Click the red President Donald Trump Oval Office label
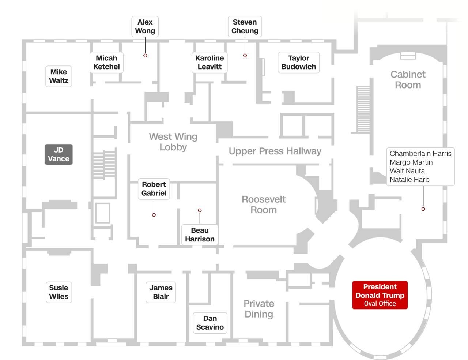click(380, 295)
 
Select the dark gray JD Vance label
click(58, 154)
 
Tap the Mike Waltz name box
click(58, 76)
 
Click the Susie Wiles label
click(58, 292)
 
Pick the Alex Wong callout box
click(145, 26)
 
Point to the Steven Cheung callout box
click(245, 26)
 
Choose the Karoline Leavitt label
click(210, 62)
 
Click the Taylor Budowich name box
click(299, 62)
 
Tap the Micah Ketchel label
click(106, 62)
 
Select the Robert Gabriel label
click(154, 189)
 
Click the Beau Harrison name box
click(200, 235)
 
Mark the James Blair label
click(161, 292)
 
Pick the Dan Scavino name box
click(210, 323)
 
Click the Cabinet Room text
click(408, 80)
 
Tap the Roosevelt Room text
click(264, 205)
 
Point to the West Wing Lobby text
click(173, 142)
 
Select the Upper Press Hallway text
click(275, 151)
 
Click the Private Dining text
click(259, 309)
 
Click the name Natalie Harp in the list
click(409, 180)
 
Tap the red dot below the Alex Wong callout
click(145, 56)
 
